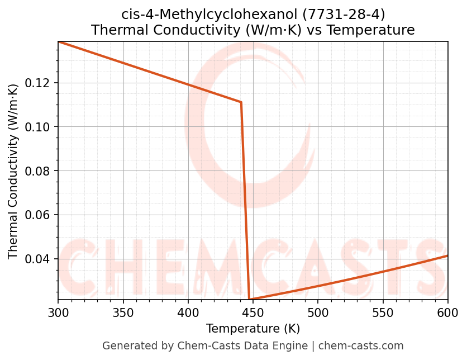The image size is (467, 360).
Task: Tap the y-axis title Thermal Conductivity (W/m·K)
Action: (13, 171)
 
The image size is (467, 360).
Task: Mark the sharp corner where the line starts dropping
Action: (241, 102)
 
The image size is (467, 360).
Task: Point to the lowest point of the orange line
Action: (250, 300)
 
